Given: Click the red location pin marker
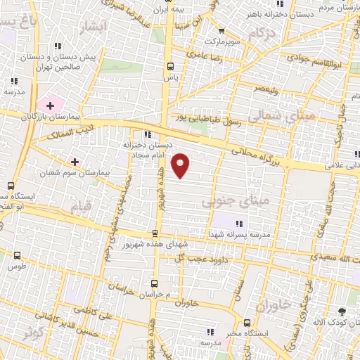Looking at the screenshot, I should click(x=181, y=165).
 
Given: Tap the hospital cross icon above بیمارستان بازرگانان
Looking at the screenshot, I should click(x=50, y=105).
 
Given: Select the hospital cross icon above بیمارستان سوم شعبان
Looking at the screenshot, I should click(x=75, y=161).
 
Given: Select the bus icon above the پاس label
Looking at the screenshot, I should click(x=169, y=66).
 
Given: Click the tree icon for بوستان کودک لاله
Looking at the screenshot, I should click(x=342, y=311).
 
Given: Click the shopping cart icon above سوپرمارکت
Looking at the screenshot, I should click(x=222, y=31).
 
